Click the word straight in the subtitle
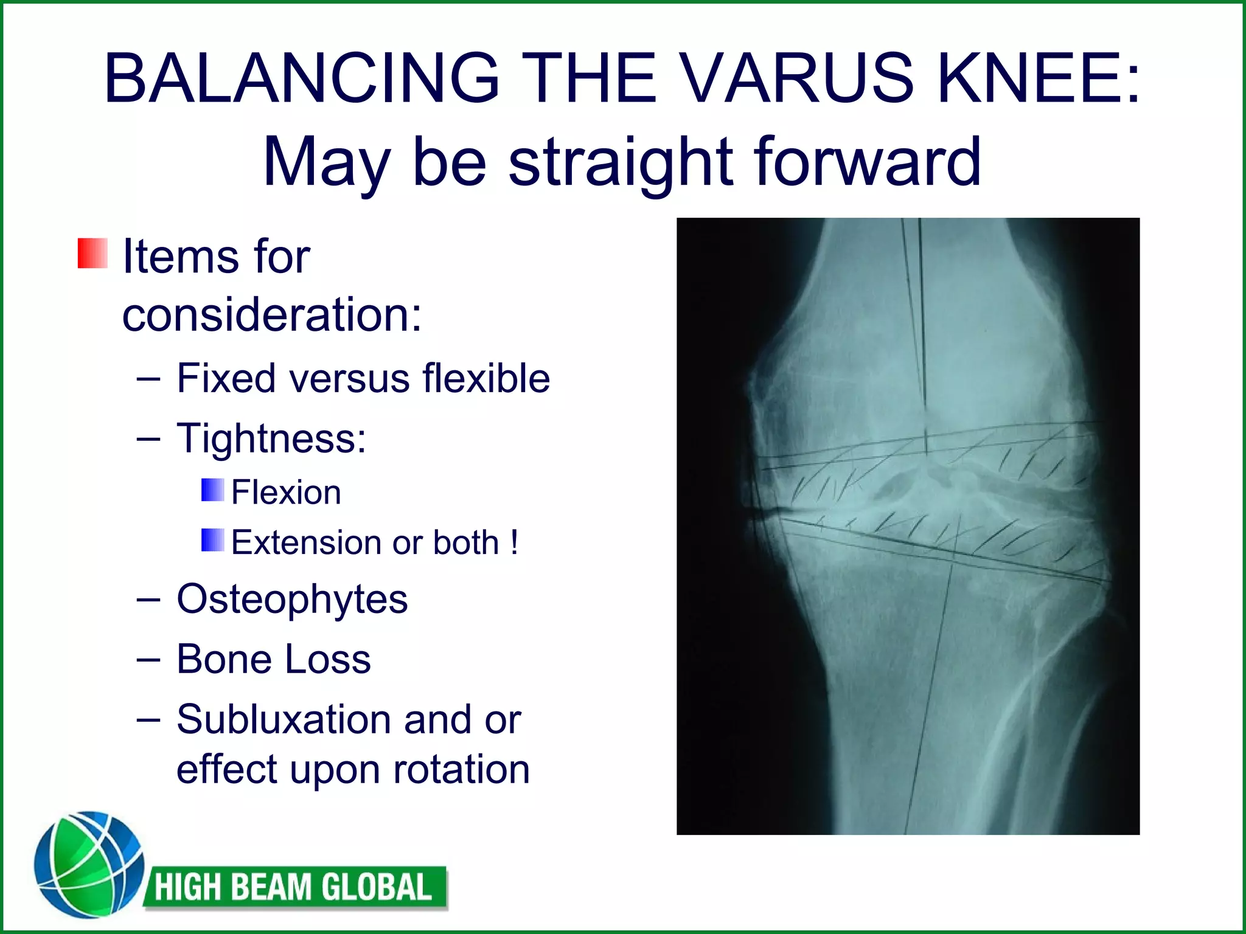click(x=621, y=161)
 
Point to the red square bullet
click(x=92, y=254)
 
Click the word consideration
click(x=272, y=315)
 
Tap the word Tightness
click(x=271, y=438)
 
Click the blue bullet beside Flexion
click(x=212, y=490)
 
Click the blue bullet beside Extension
click(x=212, y=540)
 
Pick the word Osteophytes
click(x=292, y=599)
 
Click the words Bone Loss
click(x=273, y=659)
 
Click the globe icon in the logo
click(x=89, y=864)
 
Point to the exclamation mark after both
click(x=514, y=541)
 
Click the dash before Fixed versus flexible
click(x=148, y=379)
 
